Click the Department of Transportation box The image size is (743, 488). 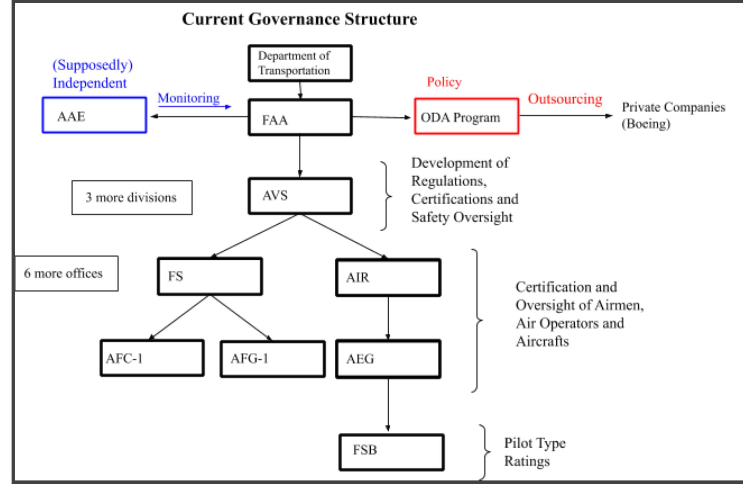[x=300, y=63]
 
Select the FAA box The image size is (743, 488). [x=300, y=118]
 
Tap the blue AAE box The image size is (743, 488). [x=94, y=115]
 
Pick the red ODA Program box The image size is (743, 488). [x=466, y=116]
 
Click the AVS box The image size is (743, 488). [x=300, y=196]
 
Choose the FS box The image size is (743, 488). [x=210, y=276]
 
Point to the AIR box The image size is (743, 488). [x=388, y=278]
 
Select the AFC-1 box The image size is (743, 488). [x=152, y=358]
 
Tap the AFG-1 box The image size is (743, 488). [x=273, y=359]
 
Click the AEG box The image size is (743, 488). [x=388, y=359]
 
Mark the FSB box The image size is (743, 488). [x=391, y=452]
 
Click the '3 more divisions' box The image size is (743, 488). [x=132, y=198]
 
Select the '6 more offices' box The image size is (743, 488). [x=66, y=273]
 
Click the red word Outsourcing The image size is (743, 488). [x=565, y=99]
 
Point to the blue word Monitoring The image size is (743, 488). [x=189, y=98]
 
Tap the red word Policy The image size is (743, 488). [x=444, y=82]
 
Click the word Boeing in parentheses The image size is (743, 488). [x=646, y=124]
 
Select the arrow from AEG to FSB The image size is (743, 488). [x=388, y=405]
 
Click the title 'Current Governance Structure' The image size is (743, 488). [x=300, y=19]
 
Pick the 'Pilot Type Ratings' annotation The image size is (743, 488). [x=535, y=452]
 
